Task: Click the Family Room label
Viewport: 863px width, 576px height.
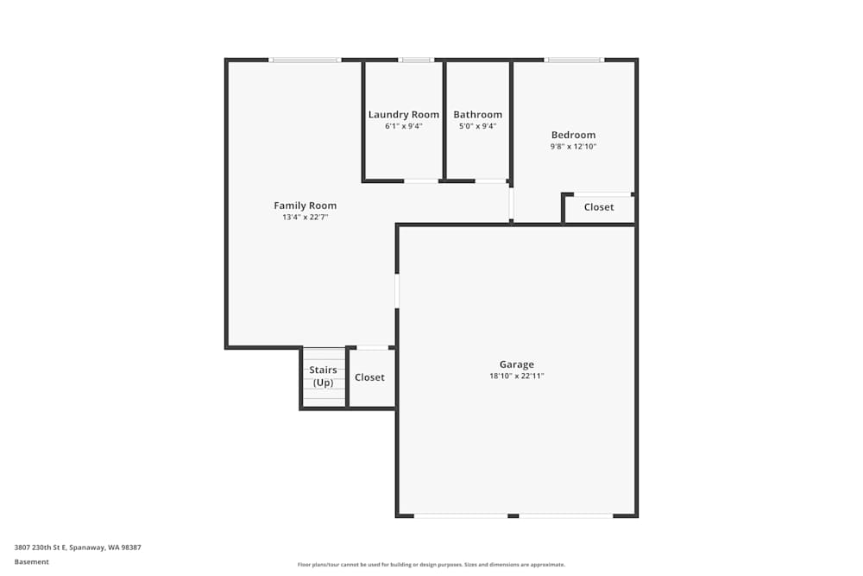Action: [305, 206]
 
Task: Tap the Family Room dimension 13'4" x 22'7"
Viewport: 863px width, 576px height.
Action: [305, 218]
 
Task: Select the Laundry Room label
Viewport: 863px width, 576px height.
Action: [403, 115]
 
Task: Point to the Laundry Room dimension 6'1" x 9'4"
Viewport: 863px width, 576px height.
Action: [403, 126]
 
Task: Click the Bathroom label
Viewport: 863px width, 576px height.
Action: [477, 115]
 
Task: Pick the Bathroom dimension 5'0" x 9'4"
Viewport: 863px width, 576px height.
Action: [477, 126]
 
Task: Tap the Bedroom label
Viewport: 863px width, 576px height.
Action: [573, 135]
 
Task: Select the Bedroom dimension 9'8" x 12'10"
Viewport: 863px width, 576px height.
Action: [573, 147]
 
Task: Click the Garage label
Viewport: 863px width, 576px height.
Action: [516, 364]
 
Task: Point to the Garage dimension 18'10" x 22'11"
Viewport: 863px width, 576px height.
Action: [516, 377]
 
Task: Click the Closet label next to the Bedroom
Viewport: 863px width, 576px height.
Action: [599, 207]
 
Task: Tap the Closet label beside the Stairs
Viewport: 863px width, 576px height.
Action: [369, 377]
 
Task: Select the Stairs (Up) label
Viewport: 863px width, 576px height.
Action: [323, 377]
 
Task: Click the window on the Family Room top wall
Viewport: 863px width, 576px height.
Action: [305, 60]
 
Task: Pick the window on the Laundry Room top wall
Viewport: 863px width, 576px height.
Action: [415, 60]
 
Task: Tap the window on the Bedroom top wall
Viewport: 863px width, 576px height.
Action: [574, 60]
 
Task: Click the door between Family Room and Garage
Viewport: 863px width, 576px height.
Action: [397, 291]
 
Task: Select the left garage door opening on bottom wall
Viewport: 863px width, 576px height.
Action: [460, 516]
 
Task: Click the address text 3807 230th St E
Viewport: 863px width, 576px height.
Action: [78, 547]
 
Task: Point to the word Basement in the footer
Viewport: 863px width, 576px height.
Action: [32, 561]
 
